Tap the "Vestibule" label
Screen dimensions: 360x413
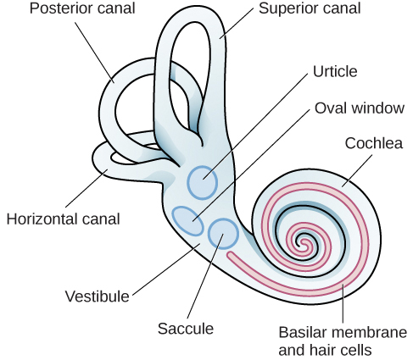[97, 296]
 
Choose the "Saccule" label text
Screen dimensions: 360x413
[185, 329]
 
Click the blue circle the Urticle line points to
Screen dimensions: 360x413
[202, 180]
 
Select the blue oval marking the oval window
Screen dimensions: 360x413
[187, 219]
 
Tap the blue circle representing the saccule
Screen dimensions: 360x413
[223, 233]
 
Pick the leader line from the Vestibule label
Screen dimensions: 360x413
[165, 269]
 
